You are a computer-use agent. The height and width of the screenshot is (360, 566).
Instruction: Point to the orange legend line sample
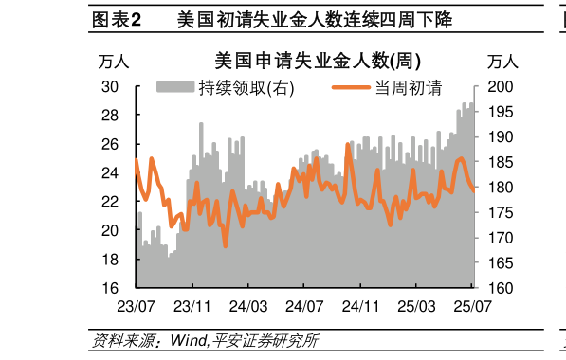coord(351,88)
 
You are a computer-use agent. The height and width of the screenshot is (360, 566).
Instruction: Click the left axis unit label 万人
coord(114,63)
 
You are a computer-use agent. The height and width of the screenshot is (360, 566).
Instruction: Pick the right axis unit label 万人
coord(502,63)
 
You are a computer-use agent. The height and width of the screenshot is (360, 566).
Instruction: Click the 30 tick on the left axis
coord(110,87)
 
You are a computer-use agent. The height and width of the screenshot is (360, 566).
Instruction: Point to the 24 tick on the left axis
coord(110,173)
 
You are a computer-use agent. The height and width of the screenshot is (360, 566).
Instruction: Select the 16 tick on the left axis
coord(110,288)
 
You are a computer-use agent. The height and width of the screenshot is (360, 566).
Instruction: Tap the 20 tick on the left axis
coord(110,230)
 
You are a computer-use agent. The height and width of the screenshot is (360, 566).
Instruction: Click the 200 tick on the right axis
coord(499,87)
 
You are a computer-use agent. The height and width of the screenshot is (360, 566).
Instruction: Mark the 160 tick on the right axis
coord(499,288)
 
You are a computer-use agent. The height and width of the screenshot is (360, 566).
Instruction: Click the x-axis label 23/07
coord(136,307)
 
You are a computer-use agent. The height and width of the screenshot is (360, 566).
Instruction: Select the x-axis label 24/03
coord(248,307)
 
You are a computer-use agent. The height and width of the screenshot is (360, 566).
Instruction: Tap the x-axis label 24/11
coord(360,307)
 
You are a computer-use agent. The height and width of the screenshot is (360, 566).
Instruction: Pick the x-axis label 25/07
coord(471,307)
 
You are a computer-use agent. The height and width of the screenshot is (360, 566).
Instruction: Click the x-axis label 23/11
coord(192,307)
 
